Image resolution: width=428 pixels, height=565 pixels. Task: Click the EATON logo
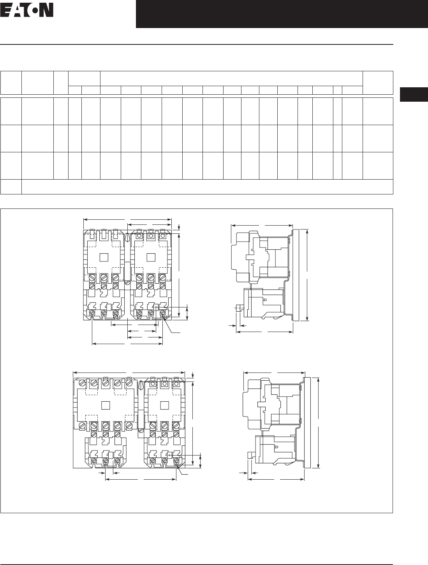pyautogui.click(x=27, y=10)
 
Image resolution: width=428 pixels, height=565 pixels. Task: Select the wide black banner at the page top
pyautogui.click(x=282, y=14)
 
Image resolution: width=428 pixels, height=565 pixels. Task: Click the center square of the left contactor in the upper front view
pyautogui.click(x=104, y=258)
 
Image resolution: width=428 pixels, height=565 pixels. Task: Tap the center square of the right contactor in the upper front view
pyautogui.click(x=151, y=258)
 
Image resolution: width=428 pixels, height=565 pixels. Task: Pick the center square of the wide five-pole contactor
pyautogui.click(x=106, y=405)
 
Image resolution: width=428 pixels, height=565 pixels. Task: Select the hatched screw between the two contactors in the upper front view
pyautogui.click(x=127, y=282)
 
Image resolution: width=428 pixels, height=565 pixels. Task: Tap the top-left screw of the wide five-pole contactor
pyautogui.click(x=82, y=383)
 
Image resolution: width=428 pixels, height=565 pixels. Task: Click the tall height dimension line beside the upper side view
pyautogui.click(x=307, y=275)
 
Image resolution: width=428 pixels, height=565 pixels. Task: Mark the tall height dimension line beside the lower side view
pyautogui.click(x=319, y=423)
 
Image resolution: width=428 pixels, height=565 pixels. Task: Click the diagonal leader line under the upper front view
pyautogui.click(x=173, y=326)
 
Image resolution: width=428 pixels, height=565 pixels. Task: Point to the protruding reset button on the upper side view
pyautogui.click(x=239, y=307)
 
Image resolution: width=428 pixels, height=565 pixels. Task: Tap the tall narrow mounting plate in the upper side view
pyautogui.click(x=296, y=275)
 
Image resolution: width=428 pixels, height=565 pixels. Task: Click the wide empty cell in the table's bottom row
pyautogui.click(x=207, y=187)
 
